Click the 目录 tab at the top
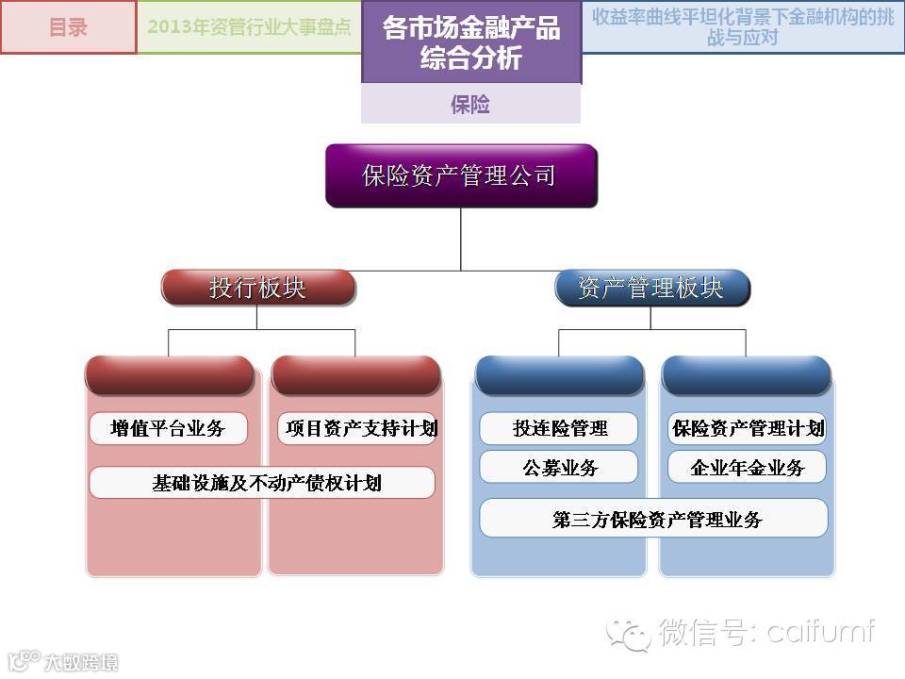tap(68, 26)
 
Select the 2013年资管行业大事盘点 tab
tap(249, 26)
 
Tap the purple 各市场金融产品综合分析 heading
tap(470, 42)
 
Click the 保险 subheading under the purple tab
tap(470, 104)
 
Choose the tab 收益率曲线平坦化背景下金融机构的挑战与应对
tap(743, 26)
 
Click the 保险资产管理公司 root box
tap(461, 175)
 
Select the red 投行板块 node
tap(257, 288)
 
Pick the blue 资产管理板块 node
tap(651, 288)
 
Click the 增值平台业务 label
tap(168, 429)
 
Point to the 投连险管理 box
tap(559, 429)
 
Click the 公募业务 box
tap(559, 468)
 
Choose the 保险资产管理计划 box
tap(747, 429)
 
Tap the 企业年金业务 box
tap(747, 468)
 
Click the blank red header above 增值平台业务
tap(169, 374)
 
